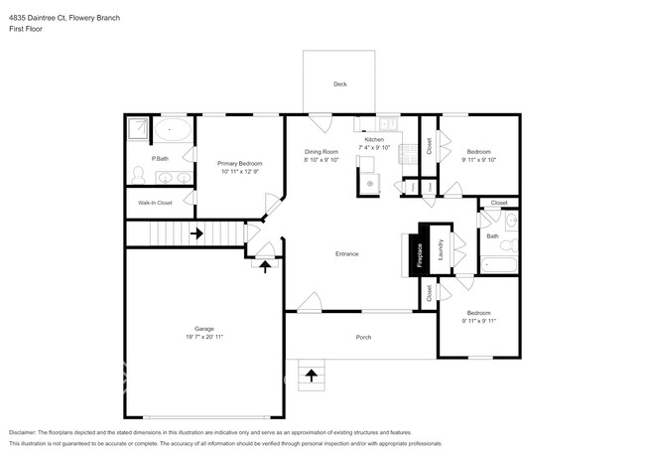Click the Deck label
pos(339,84)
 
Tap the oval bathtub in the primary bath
pos(177,129)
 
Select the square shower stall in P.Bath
pos(139,129)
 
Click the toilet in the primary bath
pos(138,176)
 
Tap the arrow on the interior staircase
pos(195,234)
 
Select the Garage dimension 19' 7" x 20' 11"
pos(203,337)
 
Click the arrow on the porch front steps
pos(313,375)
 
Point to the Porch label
pos(364,338)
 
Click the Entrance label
pos(346,254)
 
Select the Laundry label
pos(440,250)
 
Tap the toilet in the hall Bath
pos(507,244)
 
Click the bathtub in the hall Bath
pos(498,265)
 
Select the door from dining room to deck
pos(321,124)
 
